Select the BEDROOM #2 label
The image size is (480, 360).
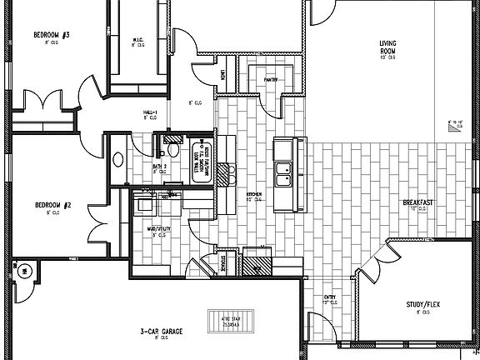pos(51,205)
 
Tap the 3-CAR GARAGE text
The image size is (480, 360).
pos(161,331)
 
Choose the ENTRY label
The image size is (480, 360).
pos(330,297)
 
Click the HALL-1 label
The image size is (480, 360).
pos(150,112)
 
